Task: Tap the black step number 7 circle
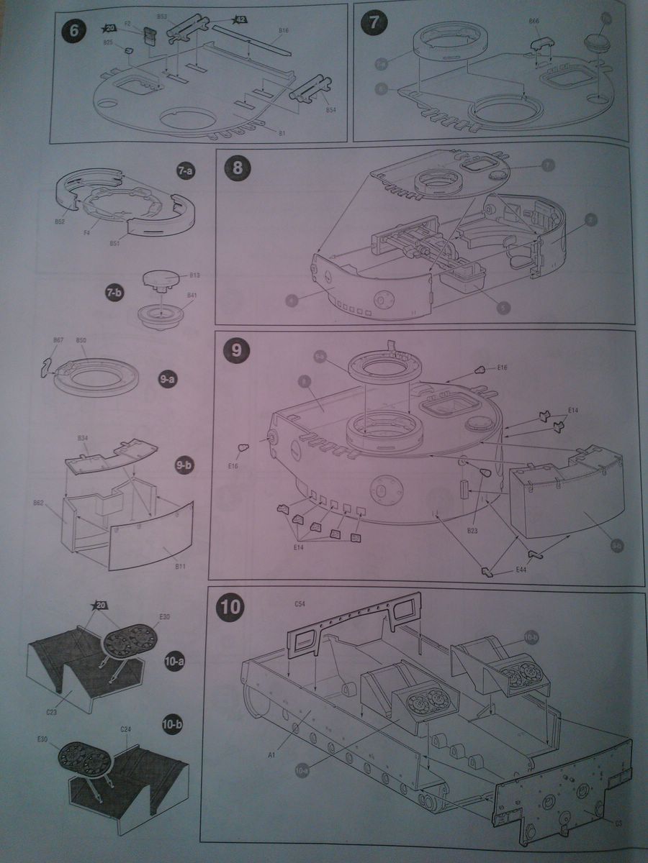click(x=374, y=22)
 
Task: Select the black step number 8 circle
click(x=236, y=170)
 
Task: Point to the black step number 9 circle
click(x=236, y=350)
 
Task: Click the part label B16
click(x=283, y=32)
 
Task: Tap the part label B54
click(x=330, y=111)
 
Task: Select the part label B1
click(x=282, y=134)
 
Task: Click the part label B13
click(x=194, y=275)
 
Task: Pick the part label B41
click(x=192, y=296)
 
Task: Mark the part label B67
click(x=59, y=339)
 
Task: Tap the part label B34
click(x=82, y=438)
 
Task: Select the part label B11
click(x=180, y=567)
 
